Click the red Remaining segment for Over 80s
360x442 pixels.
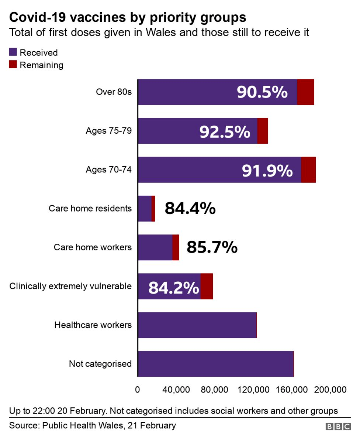click(305, 92)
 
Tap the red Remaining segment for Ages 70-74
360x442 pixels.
click(308, 169)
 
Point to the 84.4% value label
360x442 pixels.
click(190, 208)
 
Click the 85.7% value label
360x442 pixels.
click(212, 247)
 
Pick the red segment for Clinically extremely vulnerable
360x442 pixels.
click(207, 286)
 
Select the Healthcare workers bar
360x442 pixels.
click(197, 325)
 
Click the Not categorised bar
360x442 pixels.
click(215, 364)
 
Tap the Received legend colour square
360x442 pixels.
click(13, 52)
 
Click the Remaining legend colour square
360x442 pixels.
click(13, 65)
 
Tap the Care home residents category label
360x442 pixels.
click(90, 208)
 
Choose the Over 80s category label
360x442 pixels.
click(114, 92)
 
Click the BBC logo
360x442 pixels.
click(338, 426)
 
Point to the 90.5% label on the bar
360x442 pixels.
click(262, 92)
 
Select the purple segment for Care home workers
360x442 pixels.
click(155, 247)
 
